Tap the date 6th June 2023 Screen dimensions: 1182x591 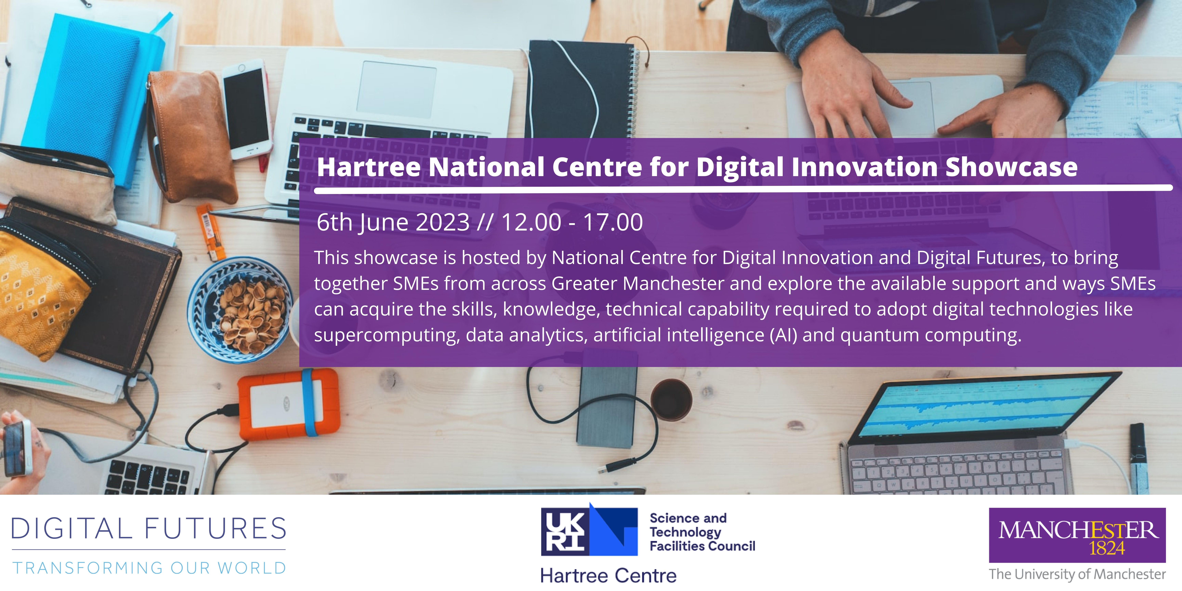pos(393,222)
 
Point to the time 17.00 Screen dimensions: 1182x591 pos(613,222)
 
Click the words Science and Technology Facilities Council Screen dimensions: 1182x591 pos(702,532)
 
